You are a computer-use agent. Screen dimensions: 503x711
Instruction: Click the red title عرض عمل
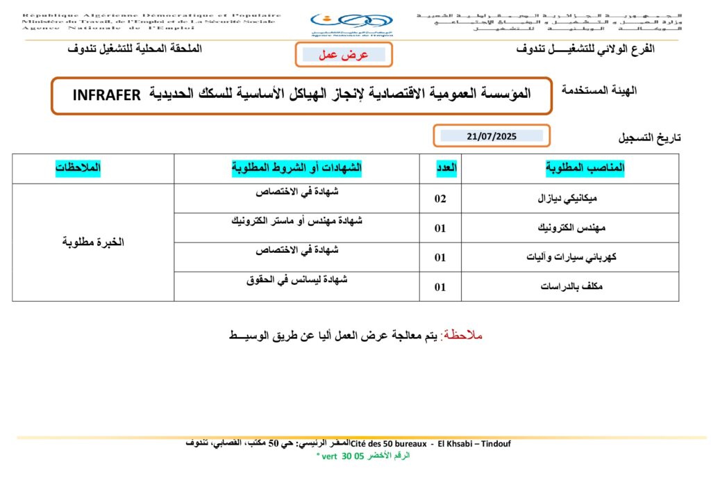(x=343, y=55)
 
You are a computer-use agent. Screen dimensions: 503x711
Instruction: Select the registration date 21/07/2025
(x=492, y=136)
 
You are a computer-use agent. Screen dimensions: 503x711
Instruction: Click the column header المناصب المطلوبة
(x=585, y=169)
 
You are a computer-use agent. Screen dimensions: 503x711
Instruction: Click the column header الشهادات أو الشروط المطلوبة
(x=296, y=169)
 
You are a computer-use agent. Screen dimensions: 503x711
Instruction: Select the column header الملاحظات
(x=78, y=169)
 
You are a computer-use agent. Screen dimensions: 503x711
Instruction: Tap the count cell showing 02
(x=440, y=199)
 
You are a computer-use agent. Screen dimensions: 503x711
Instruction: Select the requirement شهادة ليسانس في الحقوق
(x=296, y=279)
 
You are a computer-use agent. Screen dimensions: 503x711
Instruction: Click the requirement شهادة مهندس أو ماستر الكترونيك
(x=296, y=221)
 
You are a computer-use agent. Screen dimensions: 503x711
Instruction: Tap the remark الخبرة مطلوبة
(x=93, y=242)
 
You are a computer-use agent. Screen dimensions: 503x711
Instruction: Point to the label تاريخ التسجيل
(x=650, y=138)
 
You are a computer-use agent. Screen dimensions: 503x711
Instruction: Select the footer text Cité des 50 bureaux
(x=391, y=443)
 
